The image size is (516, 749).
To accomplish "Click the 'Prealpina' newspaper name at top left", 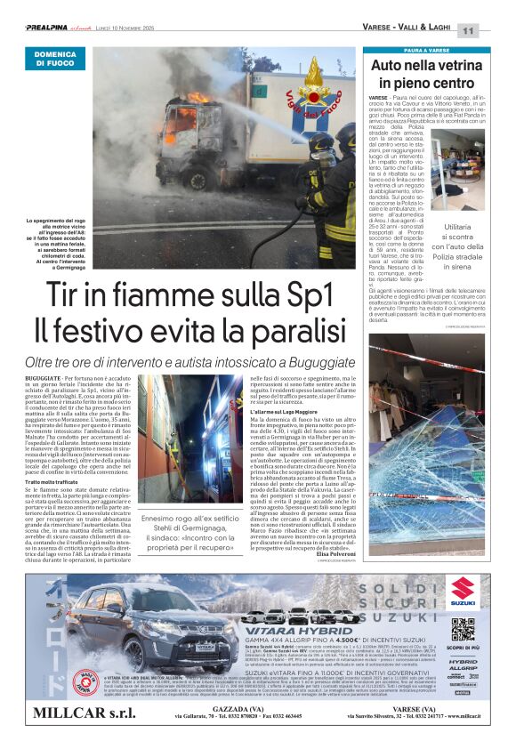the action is tap(50, 28).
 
